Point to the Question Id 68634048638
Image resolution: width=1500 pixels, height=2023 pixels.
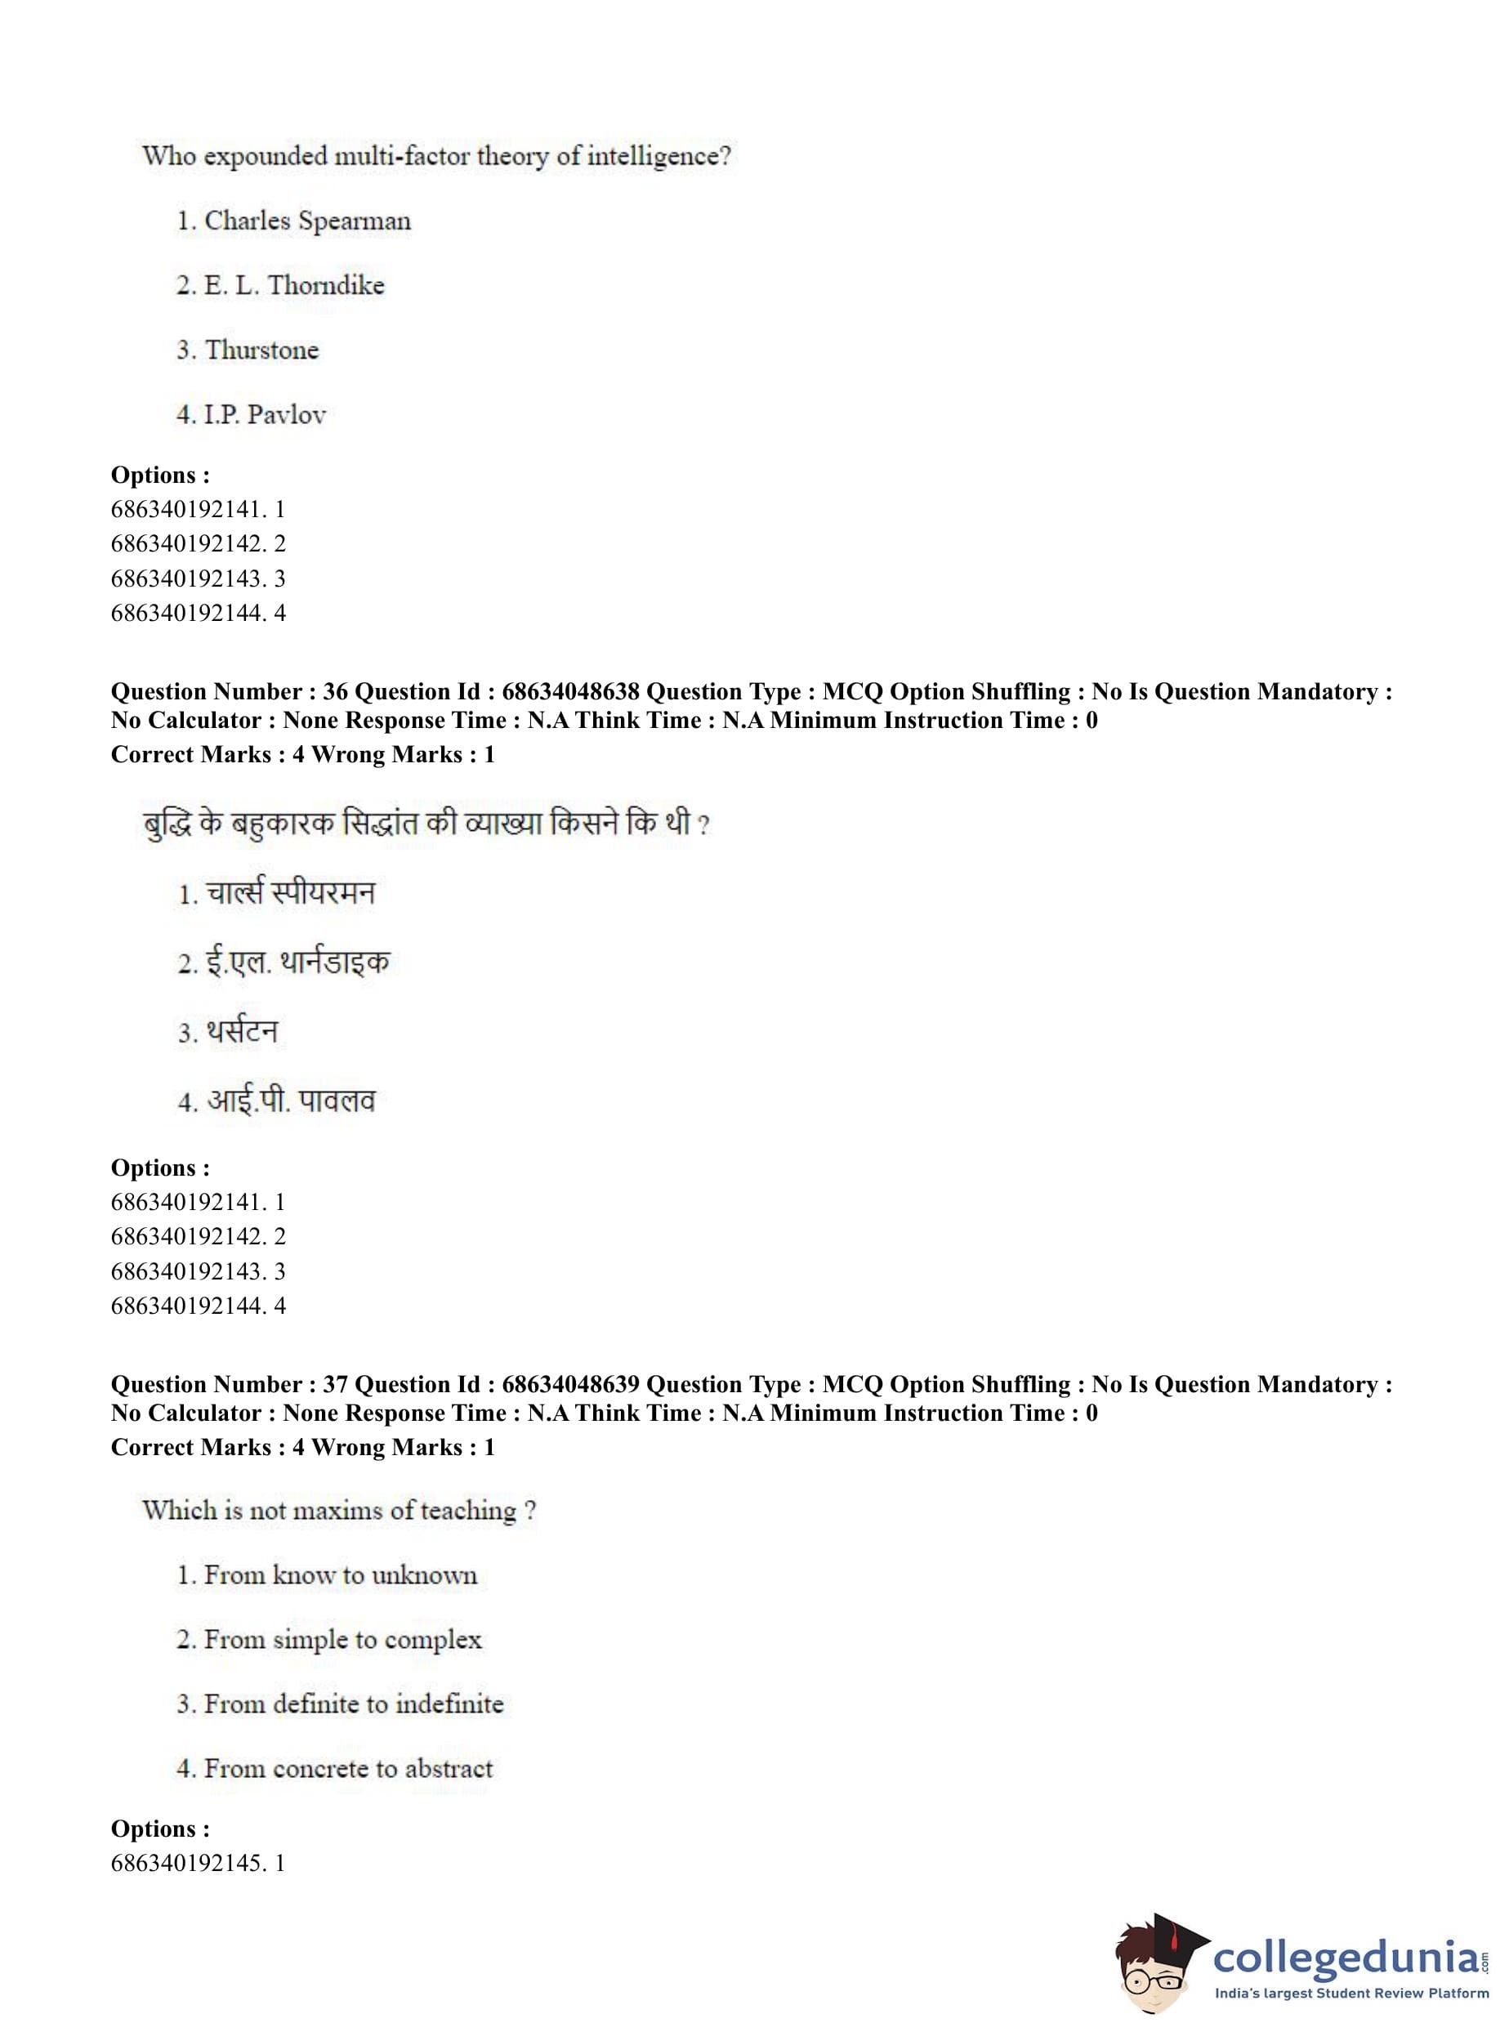(x=570, y=692)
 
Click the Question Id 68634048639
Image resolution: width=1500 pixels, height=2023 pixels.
(x=570, y=1385)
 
